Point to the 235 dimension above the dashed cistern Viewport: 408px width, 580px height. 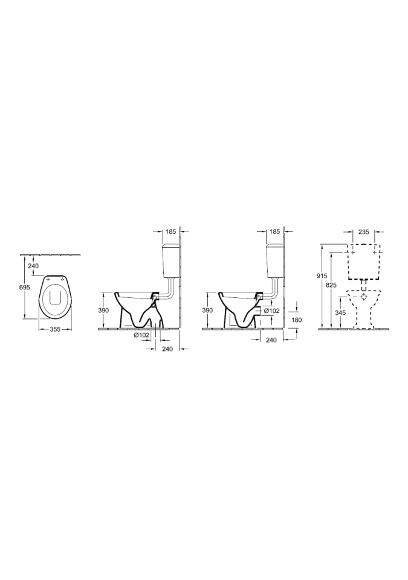coord(364,232)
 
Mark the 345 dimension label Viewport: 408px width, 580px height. coord(340,313)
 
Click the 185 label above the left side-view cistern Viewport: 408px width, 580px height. coord(170,232)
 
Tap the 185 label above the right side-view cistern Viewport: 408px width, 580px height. coord(274,232)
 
